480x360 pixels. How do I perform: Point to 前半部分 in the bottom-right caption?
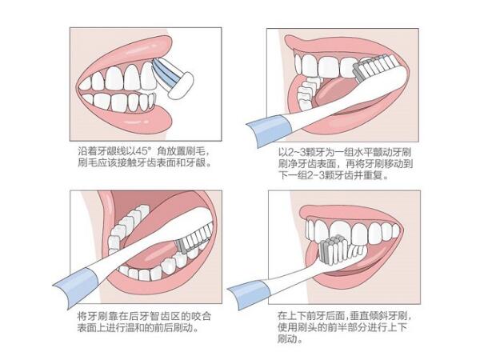[x=338, y=327]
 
